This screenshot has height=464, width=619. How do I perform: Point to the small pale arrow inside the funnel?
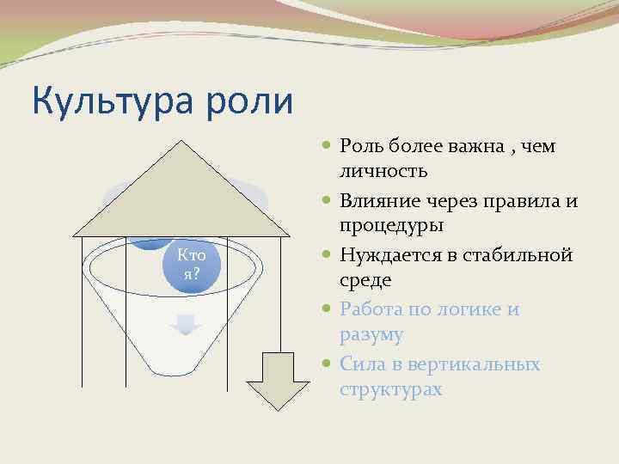point(186,326)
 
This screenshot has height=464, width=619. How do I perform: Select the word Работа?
point(370,309)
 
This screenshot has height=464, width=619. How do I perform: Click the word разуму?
point(371,333)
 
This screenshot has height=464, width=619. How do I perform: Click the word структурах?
point(390,388)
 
